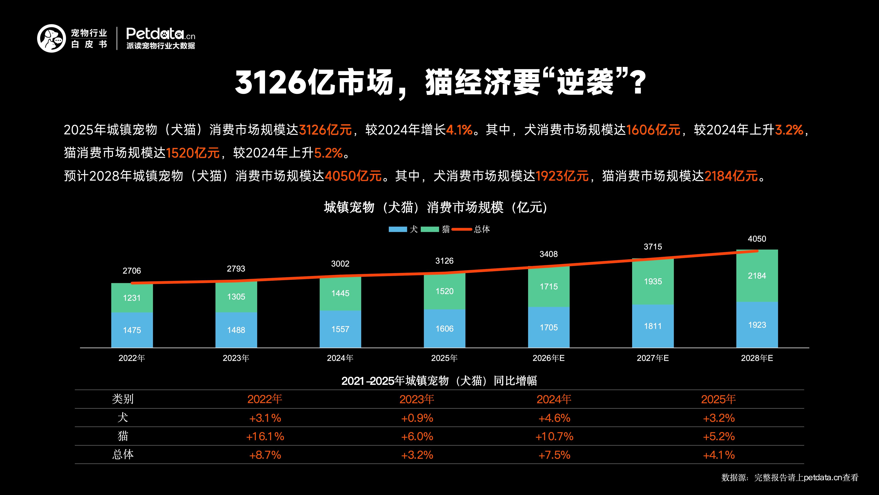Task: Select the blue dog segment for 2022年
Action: click(132, 330)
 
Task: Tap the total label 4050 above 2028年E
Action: click(757, 239)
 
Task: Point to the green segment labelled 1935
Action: click(653, 282)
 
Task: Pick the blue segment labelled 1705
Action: click(548, 327)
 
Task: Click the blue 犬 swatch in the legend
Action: click(398, 229)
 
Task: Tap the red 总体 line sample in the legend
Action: click(462, 229)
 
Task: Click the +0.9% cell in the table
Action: click(417, 418)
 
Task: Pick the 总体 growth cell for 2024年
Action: click(554, 455)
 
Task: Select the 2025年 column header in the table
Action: click(718, 399)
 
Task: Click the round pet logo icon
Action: click(51, 38)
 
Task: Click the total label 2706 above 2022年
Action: click(132, 271)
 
